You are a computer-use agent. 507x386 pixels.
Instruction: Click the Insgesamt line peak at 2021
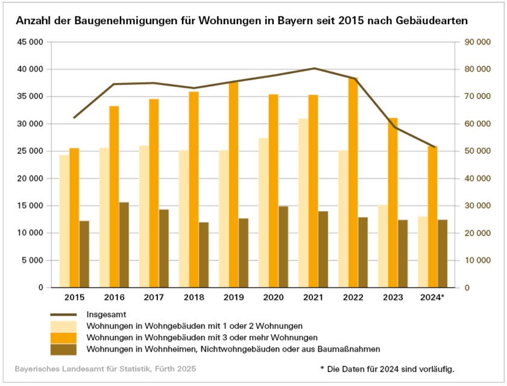click(x=313, y=68)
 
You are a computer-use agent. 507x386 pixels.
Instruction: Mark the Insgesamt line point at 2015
click(x=74, y=118)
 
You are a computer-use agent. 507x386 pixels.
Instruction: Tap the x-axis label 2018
click(x=194, y=298)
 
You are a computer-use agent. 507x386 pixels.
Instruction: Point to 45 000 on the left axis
click(x=28, y=42)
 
